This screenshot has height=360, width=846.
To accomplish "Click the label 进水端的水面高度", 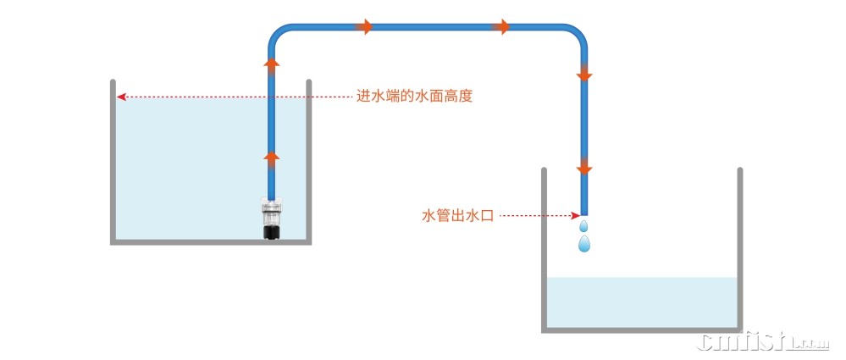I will point(414,97).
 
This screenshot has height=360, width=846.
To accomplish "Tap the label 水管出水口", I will point(456,216).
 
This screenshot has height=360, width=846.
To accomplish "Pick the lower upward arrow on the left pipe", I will point(271,158).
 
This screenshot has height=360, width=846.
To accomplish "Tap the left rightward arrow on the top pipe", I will point(364,27).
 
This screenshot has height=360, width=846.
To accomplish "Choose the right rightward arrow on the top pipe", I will point(501,27).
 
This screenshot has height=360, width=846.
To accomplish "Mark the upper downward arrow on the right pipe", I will point(583,75).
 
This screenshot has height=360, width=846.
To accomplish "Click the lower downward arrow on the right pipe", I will point(583,164).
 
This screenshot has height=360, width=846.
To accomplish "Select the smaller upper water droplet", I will point(583,227).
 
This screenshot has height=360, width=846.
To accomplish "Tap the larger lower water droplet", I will point(583,244).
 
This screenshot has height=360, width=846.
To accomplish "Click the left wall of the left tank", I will point(113,161).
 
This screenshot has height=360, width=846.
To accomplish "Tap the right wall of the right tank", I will point(739,250).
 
